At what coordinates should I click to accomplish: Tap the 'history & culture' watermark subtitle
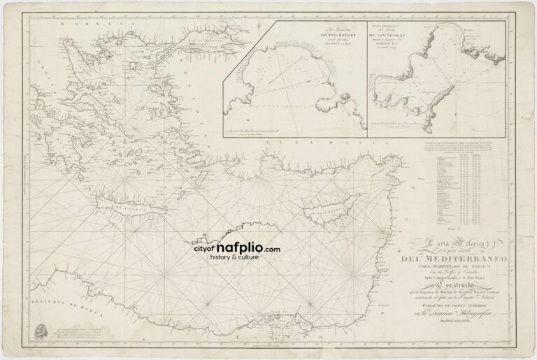coord(238,257)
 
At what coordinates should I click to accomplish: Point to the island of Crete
coord(129,208)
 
